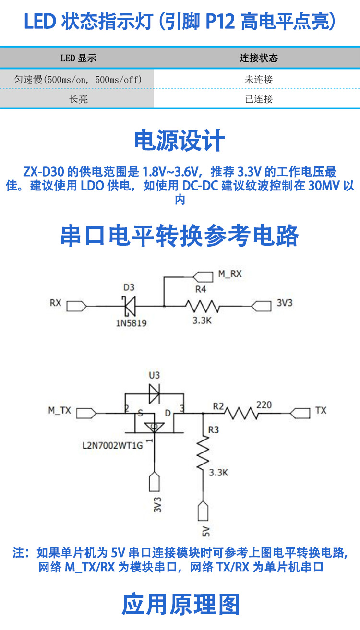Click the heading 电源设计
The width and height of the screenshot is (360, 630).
(x=180, y=141)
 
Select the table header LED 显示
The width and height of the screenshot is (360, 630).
(x=78, y=59)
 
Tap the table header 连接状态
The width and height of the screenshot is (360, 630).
(x=258, y=59)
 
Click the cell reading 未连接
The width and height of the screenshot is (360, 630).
(x=258, y=79)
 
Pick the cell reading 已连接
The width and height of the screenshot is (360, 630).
(x=258, y=99)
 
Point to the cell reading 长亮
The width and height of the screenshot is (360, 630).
(x=78, y=99)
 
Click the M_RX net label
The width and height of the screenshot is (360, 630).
(x=230, y=274)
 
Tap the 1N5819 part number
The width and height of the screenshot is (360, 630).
(x=131, y=323)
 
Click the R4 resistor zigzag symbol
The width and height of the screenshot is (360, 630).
(x=202, y=305)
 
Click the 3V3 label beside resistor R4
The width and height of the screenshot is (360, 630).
(x=285, y=304)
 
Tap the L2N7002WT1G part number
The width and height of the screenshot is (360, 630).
(x=113, y=446)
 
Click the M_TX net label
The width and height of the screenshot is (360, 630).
(x=60, y=411)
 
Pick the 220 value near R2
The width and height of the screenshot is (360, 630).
(x=264, y=405)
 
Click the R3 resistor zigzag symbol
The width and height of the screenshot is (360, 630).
(x=204, y=452)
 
